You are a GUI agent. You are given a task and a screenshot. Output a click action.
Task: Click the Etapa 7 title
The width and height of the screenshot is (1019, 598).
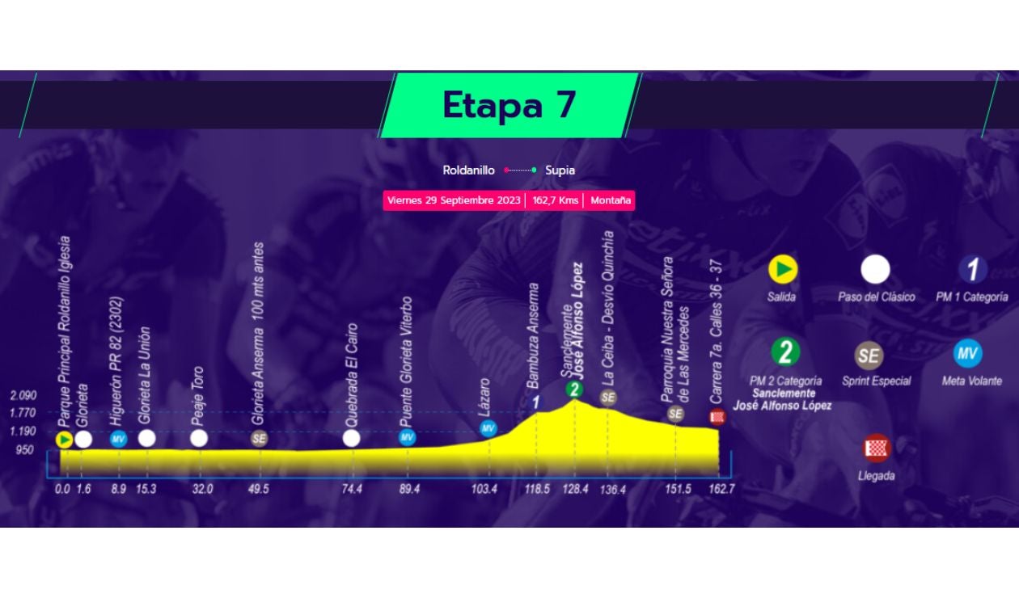click(x=509, y=105)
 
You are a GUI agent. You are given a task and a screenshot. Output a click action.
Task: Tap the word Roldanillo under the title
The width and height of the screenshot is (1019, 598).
click(x=468, y=171)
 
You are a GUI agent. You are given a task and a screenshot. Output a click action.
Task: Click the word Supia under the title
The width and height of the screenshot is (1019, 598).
click(x=560, y=171)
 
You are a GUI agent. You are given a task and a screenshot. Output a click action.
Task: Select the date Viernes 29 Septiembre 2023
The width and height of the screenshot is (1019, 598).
click(x=454, y=200)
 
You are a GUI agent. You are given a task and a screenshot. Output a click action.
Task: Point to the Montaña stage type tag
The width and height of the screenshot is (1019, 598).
click(x=611, y=200)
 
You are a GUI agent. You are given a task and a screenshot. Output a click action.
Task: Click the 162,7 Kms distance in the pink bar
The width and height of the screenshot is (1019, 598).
click(x=554, y=200)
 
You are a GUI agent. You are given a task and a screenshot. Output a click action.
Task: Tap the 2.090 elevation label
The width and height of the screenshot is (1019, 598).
click(x=23, y=396)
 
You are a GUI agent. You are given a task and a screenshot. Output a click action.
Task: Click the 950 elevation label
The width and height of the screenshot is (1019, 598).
click(x=25, y=450)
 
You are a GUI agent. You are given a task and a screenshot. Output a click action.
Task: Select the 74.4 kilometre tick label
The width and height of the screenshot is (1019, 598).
click(x=351, y=489)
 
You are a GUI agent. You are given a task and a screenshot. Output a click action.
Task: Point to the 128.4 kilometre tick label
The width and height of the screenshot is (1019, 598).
click(x=575, y=489)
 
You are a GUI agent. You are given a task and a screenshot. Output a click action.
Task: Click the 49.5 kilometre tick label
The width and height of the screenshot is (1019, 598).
click(x=259, y=489)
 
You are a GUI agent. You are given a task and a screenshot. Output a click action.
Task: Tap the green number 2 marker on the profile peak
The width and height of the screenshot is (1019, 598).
click(x=573, y=390)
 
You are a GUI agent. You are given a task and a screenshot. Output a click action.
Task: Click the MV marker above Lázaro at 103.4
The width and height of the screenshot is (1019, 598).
click(x=488, y=428)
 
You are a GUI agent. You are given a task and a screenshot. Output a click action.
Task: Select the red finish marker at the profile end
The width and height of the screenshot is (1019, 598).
click(x=717, y=417)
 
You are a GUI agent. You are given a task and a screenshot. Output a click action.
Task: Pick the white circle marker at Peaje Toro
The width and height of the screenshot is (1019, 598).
click(x=199, y=438)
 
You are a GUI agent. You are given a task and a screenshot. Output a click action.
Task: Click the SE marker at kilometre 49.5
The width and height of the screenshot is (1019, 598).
click(x=259, y=439)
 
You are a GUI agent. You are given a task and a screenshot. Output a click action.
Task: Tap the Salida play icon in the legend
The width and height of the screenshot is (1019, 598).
click(x=782, y=269)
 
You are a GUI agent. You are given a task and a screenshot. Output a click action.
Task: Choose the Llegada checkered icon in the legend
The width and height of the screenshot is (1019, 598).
click(x=876, y=447)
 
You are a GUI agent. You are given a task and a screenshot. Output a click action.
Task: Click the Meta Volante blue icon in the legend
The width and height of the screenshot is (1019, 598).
click(x=967, y=353)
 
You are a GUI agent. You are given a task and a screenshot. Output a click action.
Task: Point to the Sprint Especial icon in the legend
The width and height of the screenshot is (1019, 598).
click(x=869, y=356)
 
